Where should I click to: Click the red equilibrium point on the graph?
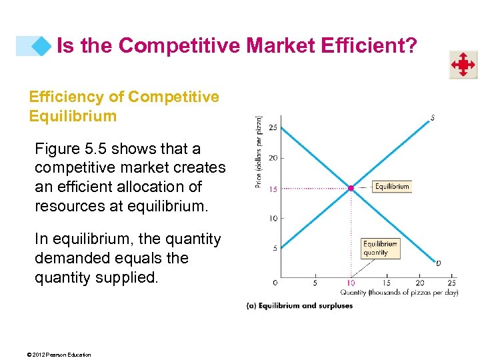pos(351,188)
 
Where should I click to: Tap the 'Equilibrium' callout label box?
pos(391,187)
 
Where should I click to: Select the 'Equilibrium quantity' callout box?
pos(379,248)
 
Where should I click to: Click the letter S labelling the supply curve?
pos(433,119)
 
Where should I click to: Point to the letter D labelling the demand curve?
pos(437,263)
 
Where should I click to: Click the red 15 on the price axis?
pos(273,189)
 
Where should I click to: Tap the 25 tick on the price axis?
pos(273,127)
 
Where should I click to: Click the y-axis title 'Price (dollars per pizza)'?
pos(259,151)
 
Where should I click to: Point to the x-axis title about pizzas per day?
pos(399,293)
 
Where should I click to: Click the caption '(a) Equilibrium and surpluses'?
pos(300,306)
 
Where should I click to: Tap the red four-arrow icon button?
pos(462,65)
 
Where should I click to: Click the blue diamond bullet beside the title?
pos(42,46)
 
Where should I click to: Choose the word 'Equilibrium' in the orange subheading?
pos(73,116)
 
